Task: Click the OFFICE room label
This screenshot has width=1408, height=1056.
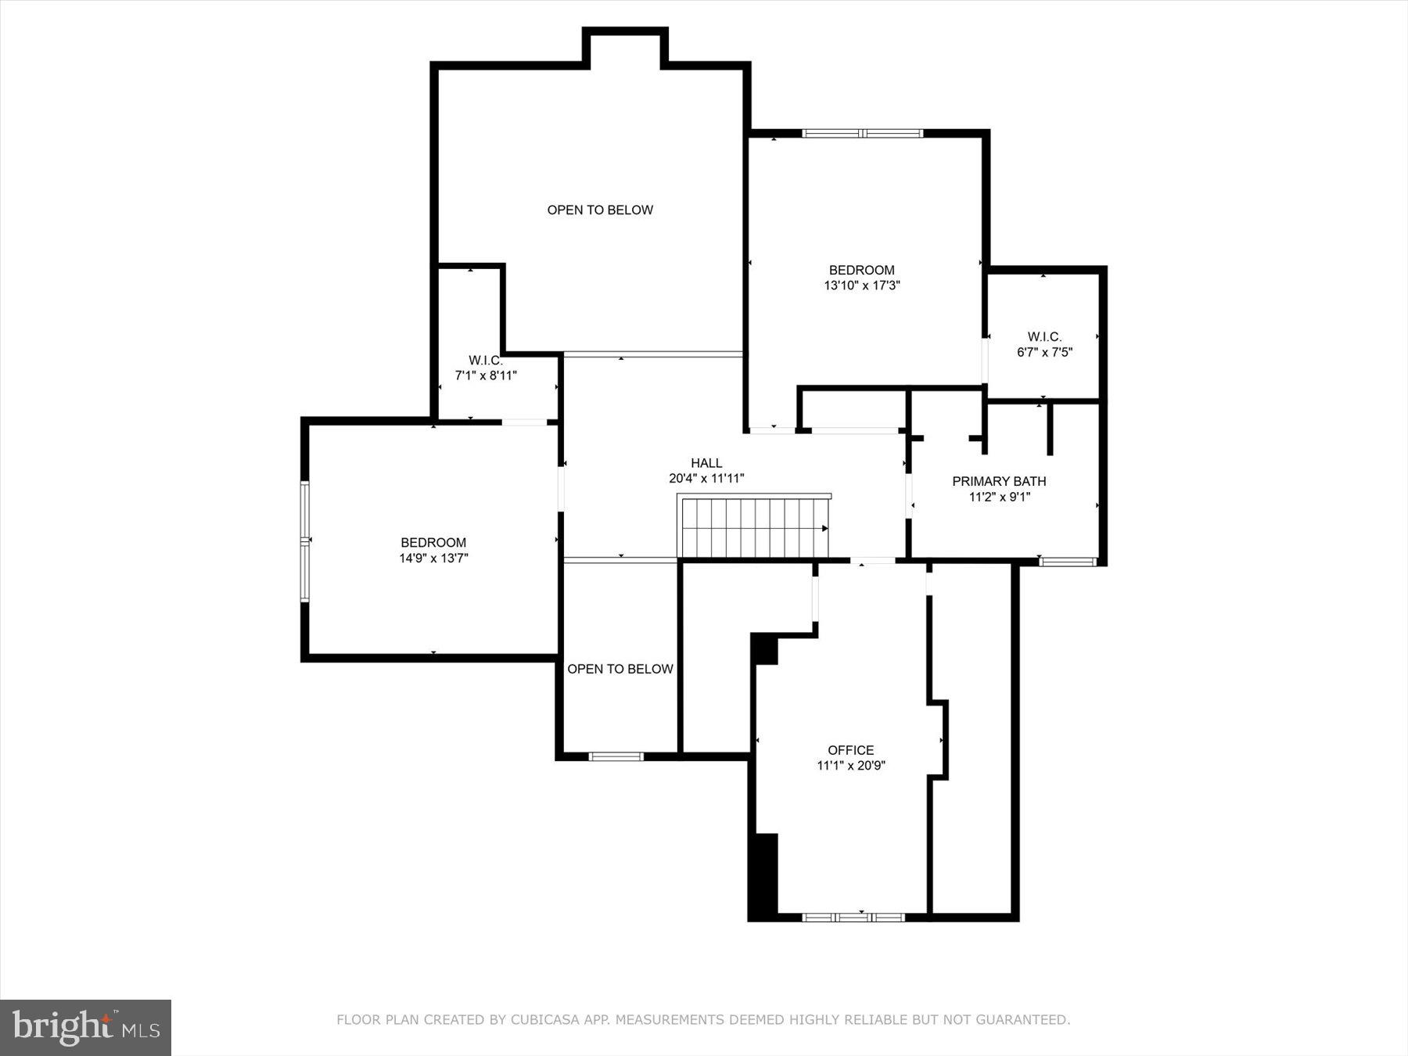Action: [x=851, y=750]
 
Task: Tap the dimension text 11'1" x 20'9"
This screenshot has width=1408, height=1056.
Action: [x=851, y=766]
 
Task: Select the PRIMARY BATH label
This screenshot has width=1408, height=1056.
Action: [x=999, y=481]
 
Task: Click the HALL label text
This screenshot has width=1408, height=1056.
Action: [x=706, y=463]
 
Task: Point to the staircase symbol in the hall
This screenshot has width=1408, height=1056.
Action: [x=754, y=528]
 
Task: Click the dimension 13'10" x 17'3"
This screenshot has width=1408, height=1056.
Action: [x=862, y=286]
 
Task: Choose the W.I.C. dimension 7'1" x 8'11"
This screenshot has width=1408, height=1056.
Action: [x=486, y=375]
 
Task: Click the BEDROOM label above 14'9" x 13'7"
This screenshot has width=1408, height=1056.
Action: [x=433, y=542]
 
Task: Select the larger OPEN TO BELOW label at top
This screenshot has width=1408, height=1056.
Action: [x=600, y=210]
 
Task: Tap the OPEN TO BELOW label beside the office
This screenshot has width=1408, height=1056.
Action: [x=620, y=669]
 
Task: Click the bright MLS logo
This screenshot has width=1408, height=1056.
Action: [x=85, y=1026]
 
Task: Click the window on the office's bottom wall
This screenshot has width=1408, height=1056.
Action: [x=853, y=917]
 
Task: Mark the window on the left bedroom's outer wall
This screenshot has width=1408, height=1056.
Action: [x=305, y=541]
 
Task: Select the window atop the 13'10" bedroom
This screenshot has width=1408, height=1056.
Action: [x=863, y=134]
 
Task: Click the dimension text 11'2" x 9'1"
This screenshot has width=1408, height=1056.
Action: [x=999, y=497]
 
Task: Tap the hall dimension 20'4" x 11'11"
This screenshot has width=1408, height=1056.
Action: [x=706, y=479]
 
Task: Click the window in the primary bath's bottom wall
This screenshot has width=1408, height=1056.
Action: [x=1068, y=561]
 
